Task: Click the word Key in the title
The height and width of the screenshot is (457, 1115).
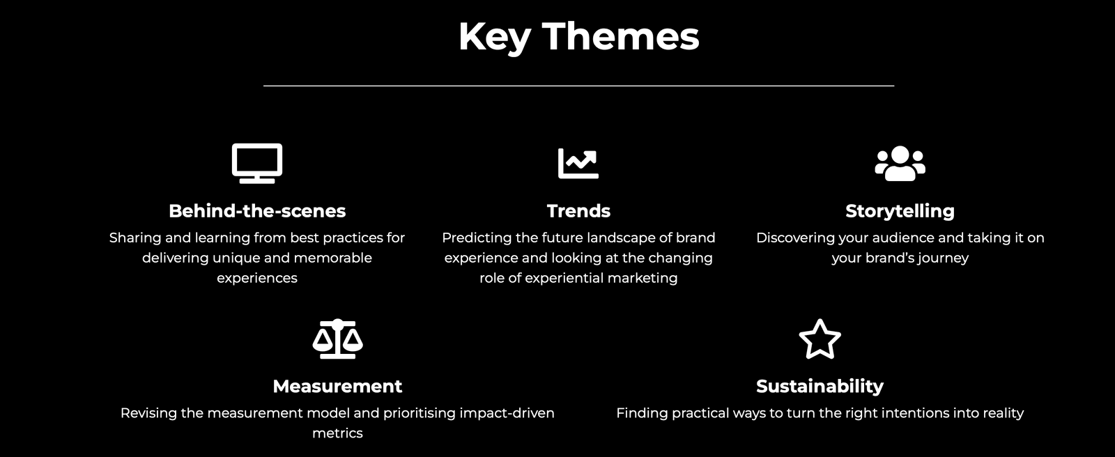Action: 495,38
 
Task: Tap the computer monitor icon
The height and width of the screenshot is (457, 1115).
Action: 257,163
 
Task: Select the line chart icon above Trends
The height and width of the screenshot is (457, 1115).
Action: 578,163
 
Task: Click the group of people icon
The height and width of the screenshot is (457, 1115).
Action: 900,163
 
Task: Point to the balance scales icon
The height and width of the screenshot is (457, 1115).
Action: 337,339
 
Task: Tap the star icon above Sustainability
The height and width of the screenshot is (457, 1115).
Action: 820,339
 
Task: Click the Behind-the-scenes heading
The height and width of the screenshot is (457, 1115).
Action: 257,211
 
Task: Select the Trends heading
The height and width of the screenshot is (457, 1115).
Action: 578,211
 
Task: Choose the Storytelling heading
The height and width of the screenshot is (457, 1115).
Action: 900,211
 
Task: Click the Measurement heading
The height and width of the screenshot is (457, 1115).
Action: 337,387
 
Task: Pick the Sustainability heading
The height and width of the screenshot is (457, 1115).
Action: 820,387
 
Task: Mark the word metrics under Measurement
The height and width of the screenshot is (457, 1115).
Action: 337,433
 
